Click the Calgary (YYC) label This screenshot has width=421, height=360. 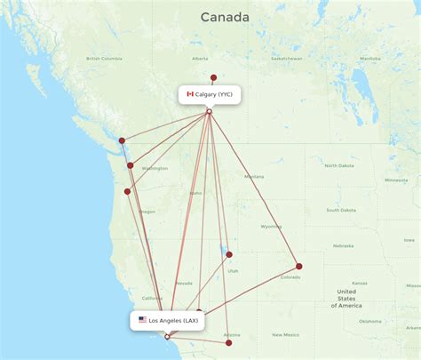click(x=215, y=93)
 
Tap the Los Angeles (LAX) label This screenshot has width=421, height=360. click(x=174, y=320)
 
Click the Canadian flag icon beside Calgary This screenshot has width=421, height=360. click(x=190, y=93)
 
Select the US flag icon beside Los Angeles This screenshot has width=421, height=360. click(x=142, y=319)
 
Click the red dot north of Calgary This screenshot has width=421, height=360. click(x=213, y=77)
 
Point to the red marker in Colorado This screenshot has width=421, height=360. click(x=299, y=266)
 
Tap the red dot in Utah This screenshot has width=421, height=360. click(x=229, y=254)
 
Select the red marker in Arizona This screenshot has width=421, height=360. click(x=229, y=342)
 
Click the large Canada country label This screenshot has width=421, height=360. click(x=225, y=17)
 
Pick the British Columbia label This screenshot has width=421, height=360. click(x=104, y=59)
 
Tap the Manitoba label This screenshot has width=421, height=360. click(x=369, y=59)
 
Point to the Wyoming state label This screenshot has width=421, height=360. click(x=272, y=226)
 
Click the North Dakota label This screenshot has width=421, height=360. click(x=338, y=166)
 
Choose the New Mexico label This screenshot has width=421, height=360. click(x=285, y=334)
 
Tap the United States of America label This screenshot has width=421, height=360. click(x=346, y=298)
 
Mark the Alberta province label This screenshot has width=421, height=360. click(x=199, y=59)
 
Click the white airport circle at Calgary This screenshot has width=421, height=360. click(x=210, y=111)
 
